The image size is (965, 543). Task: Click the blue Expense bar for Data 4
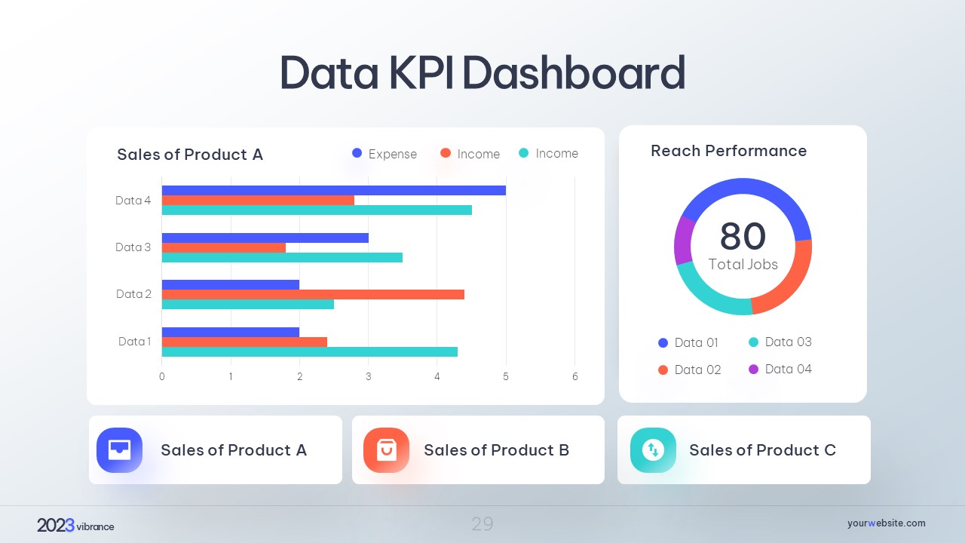pos(333,190)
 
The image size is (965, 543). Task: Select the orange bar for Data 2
pos(313,294)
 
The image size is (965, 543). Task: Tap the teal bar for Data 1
pos(309,351)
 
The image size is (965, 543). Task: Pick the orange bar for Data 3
pos(224,247)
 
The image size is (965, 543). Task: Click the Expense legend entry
pos(384,154)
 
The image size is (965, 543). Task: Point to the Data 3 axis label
pos(133,247)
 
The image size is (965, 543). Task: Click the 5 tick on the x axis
pos(506,376)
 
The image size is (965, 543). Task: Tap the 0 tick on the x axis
pos(162,376)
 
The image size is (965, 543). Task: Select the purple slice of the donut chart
pos(684,240)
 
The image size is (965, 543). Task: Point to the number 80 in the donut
pos(743,236)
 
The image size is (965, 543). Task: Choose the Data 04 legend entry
pos(780,369)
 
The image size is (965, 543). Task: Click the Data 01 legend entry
pos(688,342)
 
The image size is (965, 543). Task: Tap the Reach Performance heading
pos(728,151)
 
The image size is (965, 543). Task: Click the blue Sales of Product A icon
pos(119,450)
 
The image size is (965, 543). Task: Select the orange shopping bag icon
pos(386,450)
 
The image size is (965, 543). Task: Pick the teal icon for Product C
pos(653,450)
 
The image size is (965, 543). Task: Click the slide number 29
pos(482,523)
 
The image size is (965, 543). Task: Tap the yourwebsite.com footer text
pos(886,523)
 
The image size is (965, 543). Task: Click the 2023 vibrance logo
pos(75,526)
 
